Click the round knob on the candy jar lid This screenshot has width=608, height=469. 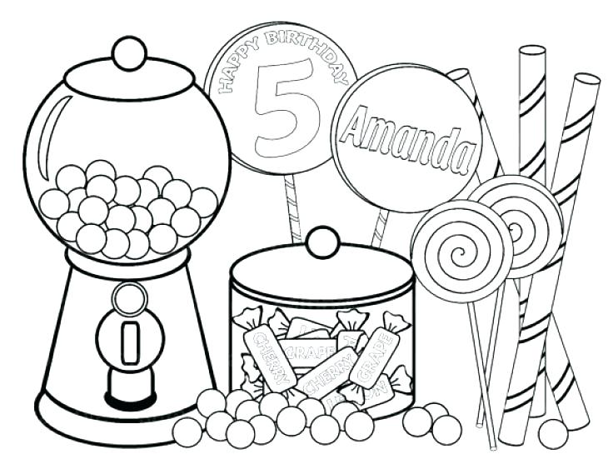(x=321, y=242)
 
